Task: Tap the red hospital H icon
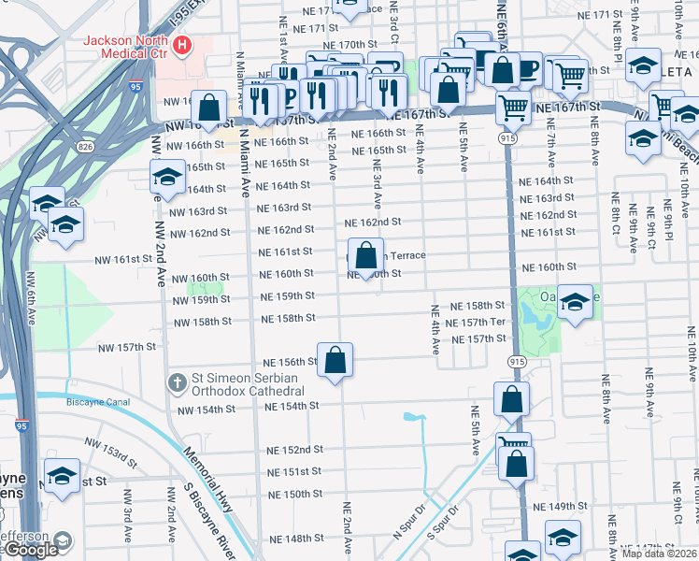pyautogui.click(x=184, y=44)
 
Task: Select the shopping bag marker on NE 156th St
pyautogui.click(x=336, y=361)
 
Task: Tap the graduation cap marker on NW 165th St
pyautogui.click(x=167, y=178)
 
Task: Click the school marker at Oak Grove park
pyautogui.click(x=576, y=301)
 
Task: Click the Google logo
pyautogui.click(x=31, y=551)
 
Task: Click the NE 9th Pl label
pyautogui.click(x=667, y=222)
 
